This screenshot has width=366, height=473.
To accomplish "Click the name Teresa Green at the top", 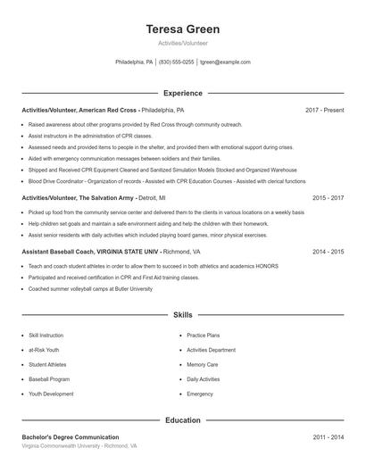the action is pos(182,29).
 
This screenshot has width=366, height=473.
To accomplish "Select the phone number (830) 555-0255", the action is pos(176,62).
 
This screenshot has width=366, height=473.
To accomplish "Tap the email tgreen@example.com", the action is pos(225,62).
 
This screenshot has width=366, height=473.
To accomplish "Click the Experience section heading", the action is pos(182,93).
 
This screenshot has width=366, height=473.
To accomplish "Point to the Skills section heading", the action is pos(182,315).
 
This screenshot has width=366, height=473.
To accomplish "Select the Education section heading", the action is pos(182,419).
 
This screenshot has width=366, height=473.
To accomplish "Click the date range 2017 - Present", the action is pos(324,110).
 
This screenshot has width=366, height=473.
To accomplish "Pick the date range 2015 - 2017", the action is pos(328,197).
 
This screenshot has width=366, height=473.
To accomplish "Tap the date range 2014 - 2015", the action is pos(328,253).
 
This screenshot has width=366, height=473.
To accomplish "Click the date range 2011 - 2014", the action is pos(328,436).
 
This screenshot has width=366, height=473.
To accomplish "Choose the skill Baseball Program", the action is pos(49,378).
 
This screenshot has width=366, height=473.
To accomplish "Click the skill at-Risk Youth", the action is pos(45,350).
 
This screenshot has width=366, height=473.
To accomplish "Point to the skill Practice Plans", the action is pos(203,335).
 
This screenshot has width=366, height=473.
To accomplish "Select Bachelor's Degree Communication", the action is pos(71,436).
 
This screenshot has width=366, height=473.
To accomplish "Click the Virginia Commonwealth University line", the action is pos(79,445).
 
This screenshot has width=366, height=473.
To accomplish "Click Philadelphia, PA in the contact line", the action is pos(134,62).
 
